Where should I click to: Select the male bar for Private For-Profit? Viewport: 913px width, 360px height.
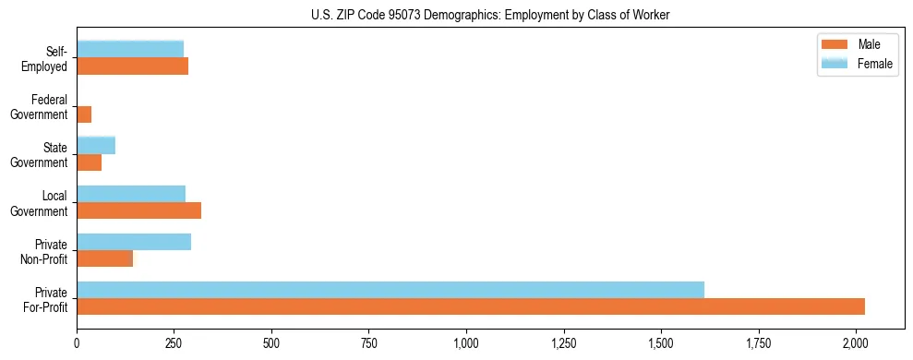[x=471, y=306]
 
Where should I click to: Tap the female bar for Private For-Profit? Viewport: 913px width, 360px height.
[x=390, y=290]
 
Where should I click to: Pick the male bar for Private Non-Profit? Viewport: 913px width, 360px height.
[x=105, y=258]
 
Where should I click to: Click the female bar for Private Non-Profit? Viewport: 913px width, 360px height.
[x=134, y=242]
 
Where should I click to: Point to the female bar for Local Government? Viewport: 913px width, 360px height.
[x=131, y=194]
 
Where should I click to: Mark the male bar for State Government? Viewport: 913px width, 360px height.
[x=90, y=162]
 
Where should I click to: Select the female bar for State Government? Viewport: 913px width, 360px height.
[x=96, y=146]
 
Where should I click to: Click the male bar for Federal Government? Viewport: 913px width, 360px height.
[x=84, y=114]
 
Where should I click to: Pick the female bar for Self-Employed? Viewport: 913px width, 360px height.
[x=130, y=50]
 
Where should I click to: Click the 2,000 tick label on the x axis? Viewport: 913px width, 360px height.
[x=856, y=344]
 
